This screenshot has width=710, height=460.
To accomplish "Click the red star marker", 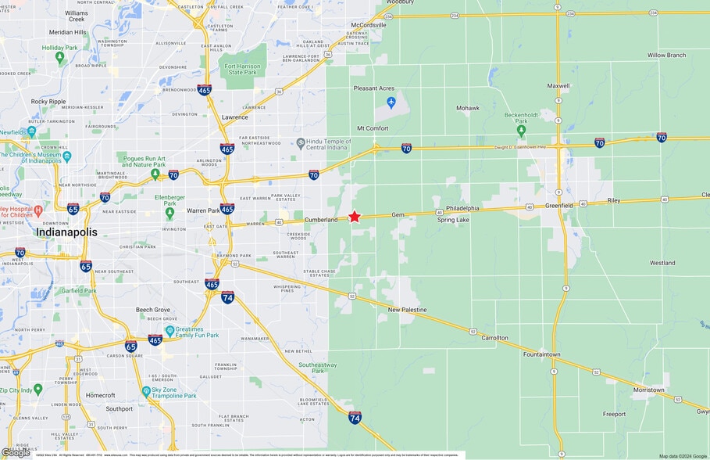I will pyautogui.click(x=355, y=216).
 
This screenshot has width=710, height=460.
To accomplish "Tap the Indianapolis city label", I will pyautogui.click(x=66, y=232).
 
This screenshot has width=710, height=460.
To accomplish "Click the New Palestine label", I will pyautogui.click(x=408, y=311).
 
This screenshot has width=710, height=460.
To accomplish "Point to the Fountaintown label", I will pyautogui.click(x=542, y=354).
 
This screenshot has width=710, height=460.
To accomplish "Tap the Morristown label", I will pyautogui.click(x=648, y=390).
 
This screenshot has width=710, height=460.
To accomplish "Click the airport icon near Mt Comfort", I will pyautogui.click(x=391, y=102).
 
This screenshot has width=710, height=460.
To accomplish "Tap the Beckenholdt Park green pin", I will pyautogui.click(x=521, y=131).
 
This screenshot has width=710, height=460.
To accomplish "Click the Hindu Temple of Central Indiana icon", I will pyautogui.click(x=301, y=143).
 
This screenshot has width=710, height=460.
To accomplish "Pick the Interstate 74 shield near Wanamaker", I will pyautogui.click(x=227, y=297).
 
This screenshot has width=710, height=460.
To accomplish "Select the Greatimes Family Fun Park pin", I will pyautogui.click(x=169, y=331).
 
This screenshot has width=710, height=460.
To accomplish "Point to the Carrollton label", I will pyautogui.click(x=494, y=338).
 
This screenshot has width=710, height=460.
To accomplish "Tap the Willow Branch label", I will pyautogui.click(x=666, y=56).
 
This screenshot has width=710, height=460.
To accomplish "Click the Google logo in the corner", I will pyautogui.click(x=16, y=452).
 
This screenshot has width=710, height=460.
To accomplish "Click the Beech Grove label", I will pyautogui.click(x=152, y=310).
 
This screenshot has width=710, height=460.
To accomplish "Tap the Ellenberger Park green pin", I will pyautogui.click(x=169, y=211).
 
